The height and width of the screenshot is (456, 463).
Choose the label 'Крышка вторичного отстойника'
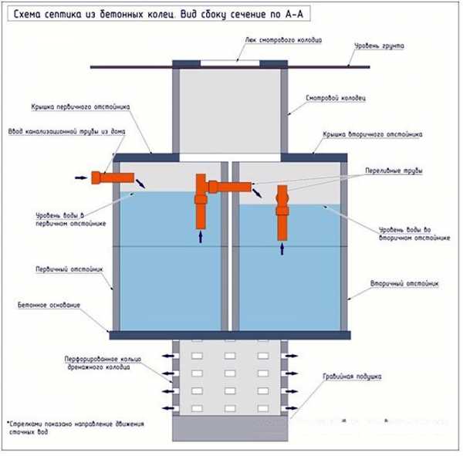[x=371, y=133]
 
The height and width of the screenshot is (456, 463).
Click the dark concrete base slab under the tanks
[x=231, y=334]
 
